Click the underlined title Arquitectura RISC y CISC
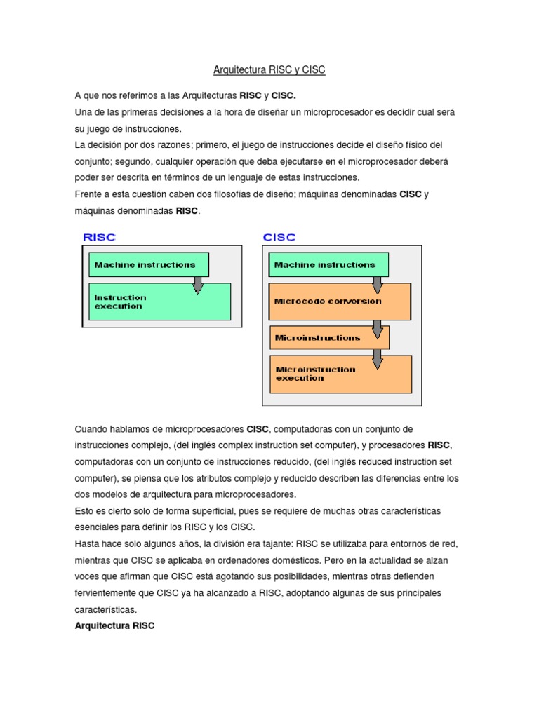pyautogui.click(x=269, y=70)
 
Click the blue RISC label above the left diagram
pyautogui.click(x=99, y=237)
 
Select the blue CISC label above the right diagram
pyautogui.click(x=279, y=237)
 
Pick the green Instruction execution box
pyautogui.click(x=159, y=302)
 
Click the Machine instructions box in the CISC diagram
pyautogui.click(x=325, y=265)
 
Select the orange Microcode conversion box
pyautogui.click(x=340, y=302)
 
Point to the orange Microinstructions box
pyautogui.click(x=328, y=337)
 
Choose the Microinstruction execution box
pyautogui.click(x=340, y=374)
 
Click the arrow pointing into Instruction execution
pyautogui.click(x=198, y=283)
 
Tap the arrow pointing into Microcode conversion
pyautogui.click(x=378, y=283)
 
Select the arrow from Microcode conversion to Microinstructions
pyautogui.click(x=378, y=327)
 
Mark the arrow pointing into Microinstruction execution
pyautogui.click(x=378, y=358)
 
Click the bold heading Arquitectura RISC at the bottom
pyautogui.click(x=114, y=626)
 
